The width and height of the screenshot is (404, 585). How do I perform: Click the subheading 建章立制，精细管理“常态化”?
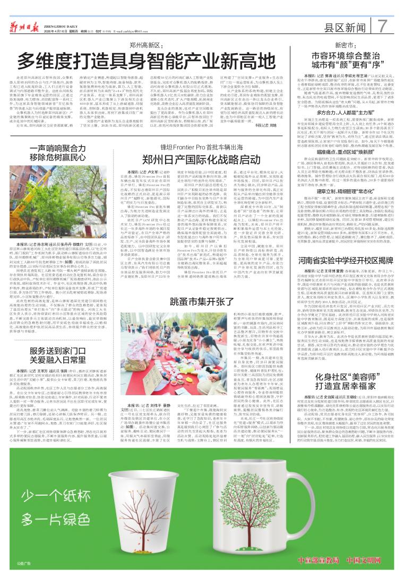tap(341, 190)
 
